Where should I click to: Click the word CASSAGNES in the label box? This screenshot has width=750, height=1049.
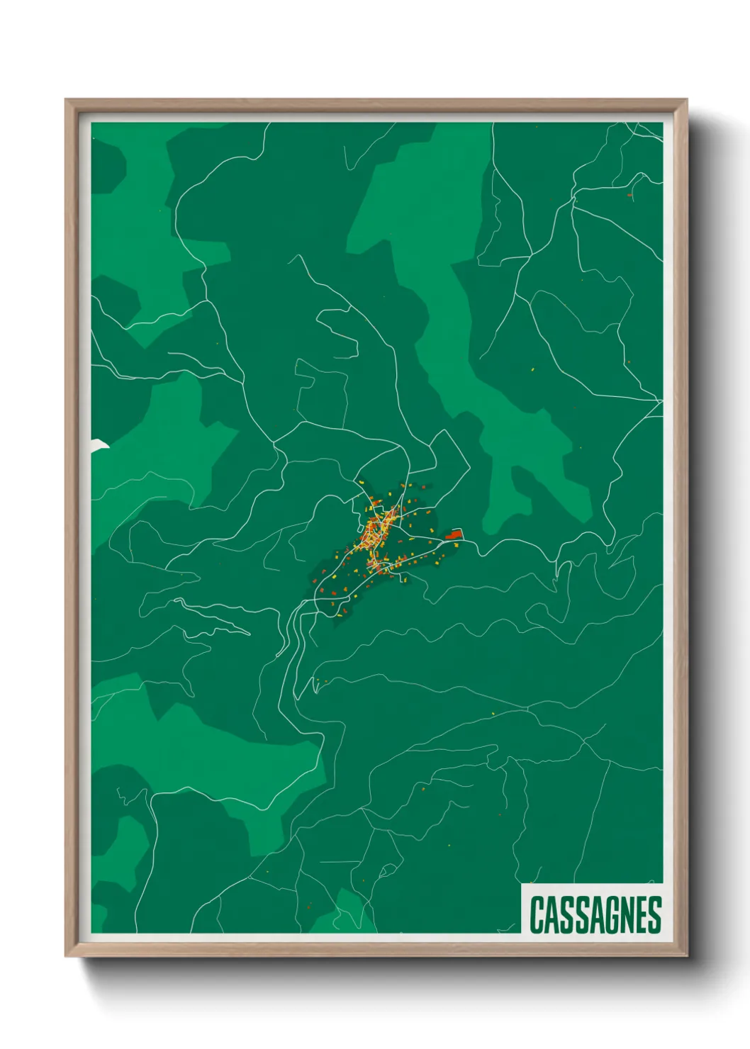click(595, 914)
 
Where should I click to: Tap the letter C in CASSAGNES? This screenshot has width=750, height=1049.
click(537, 915)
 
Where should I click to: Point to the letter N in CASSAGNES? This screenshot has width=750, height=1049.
click(627, 915)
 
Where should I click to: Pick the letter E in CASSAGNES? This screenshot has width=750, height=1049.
click(642, 915)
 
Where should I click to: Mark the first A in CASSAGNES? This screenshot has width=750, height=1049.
click(552, 915)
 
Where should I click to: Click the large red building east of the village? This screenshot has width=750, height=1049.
click(454, 534)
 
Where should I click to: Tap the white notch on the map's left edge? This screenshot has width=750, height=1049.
click(99, 444)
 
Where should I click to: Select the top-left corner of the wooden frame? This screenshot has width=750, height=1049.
click(67, 101)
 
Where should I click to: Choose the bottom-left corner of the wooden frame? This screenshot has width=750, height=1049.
click(67, 955)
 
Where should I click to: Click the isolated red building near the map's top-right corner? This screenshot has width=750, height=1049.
click(629, 194)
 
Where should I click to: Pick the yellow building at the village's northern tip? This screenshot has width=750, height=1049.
click(361, 483)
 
